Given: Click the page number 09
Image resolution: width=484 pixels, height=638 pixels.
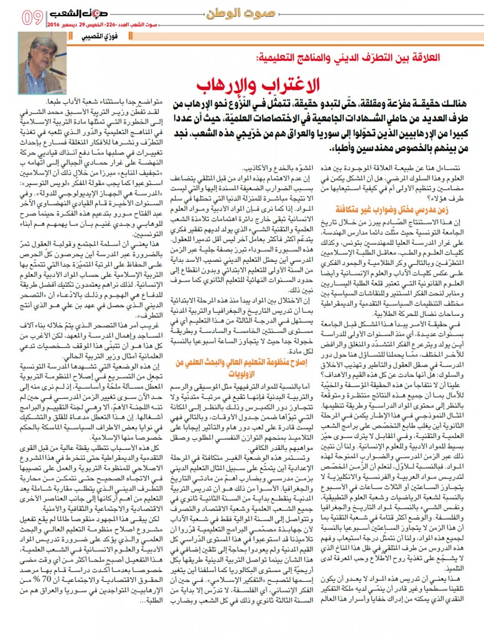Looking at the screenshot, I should click(x=31, y=17).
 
